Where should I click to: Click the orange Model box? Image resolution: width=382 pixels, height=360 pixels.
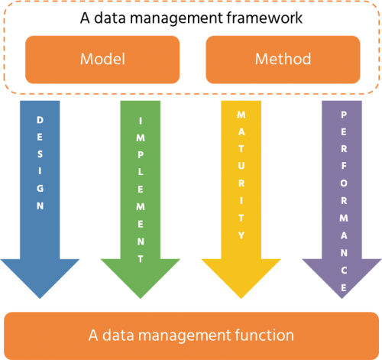102,59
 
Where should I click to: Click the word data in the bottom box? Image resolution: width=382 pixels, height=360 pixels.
117,334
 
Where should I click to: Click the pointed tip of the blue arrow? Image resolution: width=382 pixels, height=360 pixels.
40,296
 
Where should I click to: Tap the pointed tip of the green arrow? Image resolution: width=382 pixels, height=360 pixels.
141,296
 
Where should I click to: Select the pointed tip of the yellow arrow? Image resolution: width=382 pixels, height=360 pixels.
241,296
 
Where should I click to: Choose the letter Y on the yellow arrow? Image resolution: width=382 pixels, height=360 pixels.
241,233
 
